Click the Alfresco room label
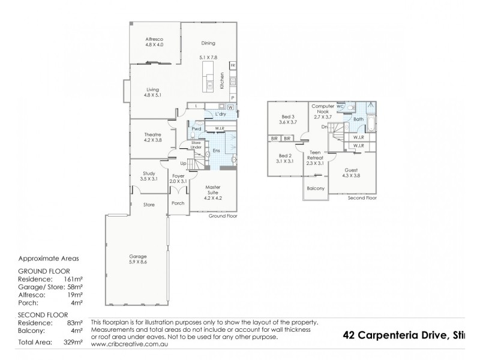click(154, 37)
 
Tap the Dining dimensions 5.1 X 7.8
click(208, 58)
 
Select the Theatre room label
click(151, 135)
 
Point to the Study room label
click(148, 173)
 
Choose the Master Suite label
click(213, 190)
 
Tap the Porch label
click(178, 203)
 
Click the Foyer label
click(178, 176)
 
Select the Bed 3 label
click(289, 116)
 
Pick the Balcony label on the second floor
click(316, 188)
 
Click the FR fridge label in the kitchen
click(232, 65)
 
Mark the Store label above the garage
click(149, 205)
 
